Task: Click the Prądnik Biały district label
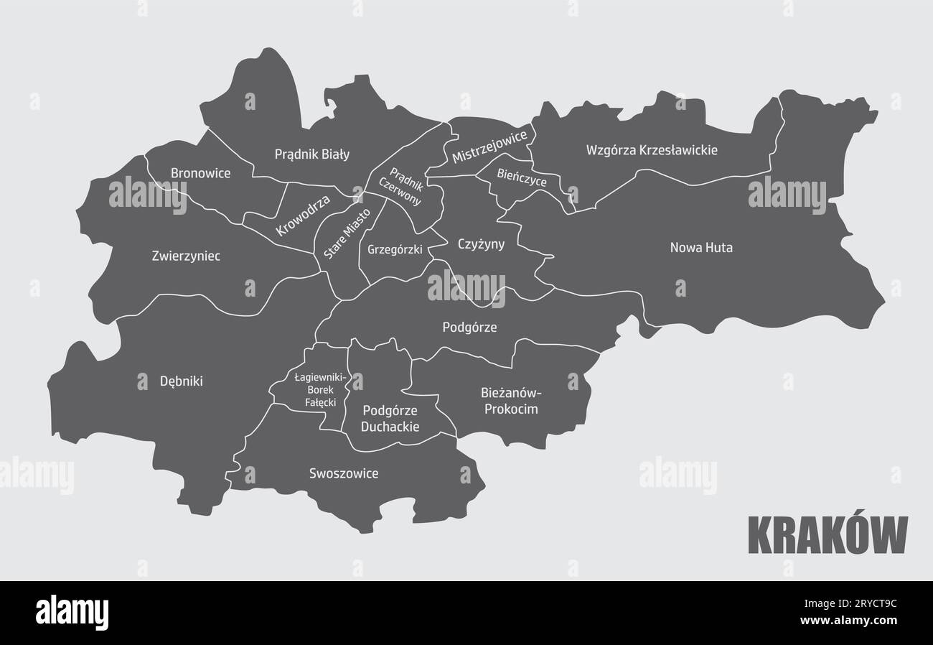click(312, 154)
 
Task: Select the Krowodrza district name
click(302, 215)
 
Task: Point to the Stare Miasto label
click(347, 233)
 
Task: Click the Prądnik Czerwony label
click(405, 187)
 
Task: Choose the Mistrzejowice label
click(489, 147)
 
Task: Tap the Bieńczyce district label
click(522, 177)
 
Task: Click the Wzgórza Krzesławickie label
click(652, 150)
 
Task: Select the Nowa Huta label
click(701, 248)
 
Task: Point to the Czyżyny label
click(481, 244)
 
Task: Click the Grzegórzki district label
click(395, 250)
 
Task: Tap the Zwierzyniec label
click(186, 256)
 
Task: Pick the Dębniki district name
click(181, 381)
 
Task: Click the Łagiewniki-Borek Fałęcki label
click(321, 389)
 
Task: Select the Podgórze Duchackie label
click(391, 418)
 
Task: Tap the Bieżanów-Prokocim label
click(510, 401)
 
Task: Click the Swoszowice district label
click(344, 473)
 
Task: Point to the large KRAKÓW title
click(827, 535)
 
